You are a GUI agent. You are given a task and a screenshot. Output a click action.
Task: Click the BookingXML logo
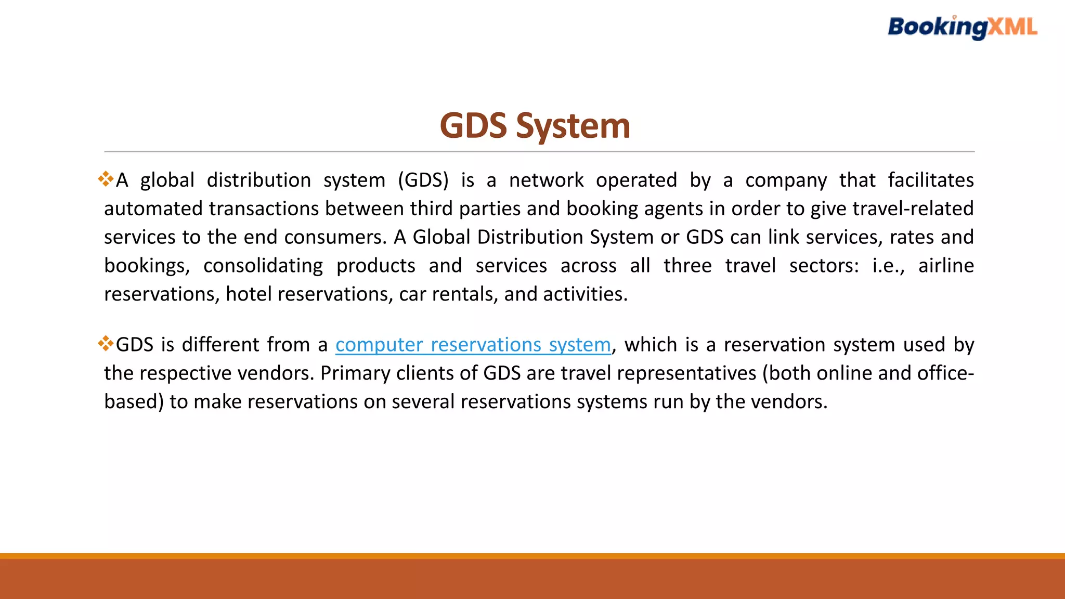[x=962, y=27]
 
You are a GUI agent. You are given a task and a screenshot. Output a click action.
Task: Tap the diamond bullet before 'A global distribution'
[x=106, y=179]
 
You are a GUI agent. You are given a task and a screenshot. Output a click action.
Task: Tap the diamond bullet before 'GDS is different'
[x=106, y=344]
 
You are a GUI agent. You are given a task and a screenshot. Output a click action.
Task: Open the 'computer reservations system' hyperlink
[x=473, y=345]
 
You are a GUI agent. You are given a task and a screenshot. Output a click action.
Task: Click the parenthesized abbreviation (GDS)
[x=423, y=180]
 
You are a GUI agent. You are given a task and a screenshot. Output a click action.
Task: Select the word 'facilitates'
[x=930, y=180]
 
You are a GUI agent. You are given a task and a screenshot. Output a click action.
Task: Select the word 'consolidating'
[x=263, y=266]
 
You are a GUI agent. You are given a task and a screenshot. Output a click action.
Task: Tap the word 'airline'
[x=945, y=266]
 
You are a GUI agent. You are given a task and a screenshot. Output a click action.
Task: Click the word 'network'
[x=546, y=180]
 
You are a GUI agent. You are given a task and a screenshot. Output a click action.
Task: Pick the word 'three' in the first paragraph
[x=687, y=266]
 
